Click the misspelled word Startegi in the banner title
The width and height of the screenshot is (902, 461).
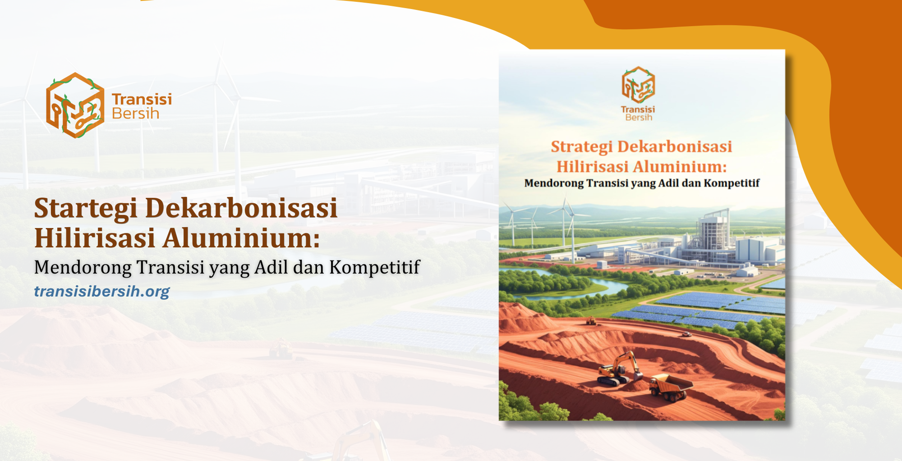(x=86, y=208)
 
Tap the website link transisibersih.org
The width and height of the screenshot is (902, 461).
(x=102, y=292)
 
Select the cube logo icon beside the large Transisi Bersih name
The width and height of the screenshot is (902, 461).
(x=74, y=105)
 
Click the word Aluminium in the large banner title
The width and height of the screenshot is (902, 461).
(x=241, y=238)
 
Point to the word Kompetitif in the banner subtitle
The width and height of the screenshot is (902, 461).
(x=374, y=267)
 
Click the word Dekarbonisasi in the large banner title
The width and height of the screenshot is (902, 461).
(x=241, y=208)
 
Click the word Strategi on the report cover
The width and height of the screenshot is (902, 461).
(x=582, y=146)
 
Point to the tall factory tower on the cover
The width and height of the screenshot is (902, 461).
(x=713, y=234)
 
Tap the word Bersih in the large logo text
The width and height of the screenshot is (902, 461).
(x=135, y=114)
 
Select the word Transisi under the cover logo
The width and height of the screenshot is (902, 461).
(x=638, y=110)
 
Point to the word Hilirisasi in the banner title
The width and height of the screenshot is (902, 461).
(x=95, y=238)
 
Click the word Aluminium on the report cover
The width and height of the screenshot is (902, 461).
(x=680, y=167)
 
